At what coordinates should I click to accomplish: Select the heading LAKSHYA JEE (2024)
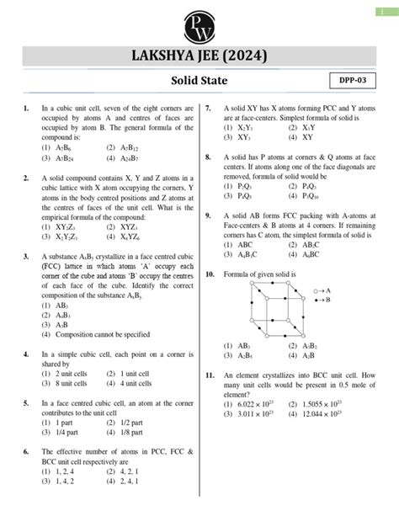pos(199,58)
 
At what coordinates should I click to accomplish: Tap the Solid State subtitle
pos(199,81)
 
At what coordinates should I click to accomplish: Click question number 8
pos(208,157)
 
